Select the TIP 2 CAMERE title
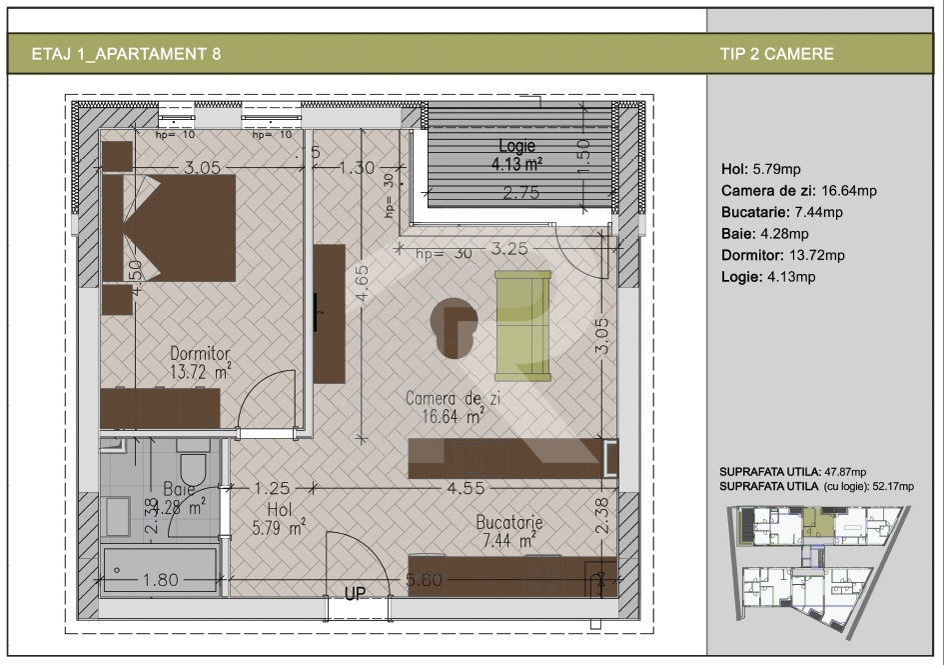click(776, 54)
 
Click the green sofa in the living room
click(522, 325)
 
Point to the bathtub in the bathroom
click(160, 570)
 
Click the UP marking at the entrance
click(355, 593)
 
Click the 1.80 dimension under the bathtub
click(159, 579)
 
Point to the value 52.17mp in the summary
click(892, 486)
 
